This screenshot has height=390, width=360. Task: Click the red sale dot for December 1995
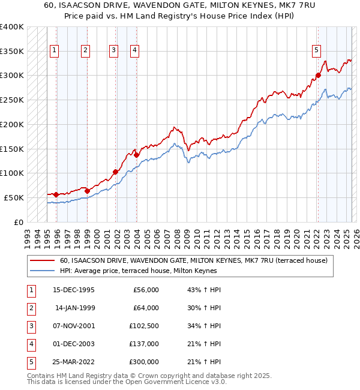56,194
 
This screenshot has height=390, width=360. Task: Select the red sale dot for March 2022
318,75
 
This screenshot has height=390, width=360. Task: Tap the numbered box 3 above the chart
113,50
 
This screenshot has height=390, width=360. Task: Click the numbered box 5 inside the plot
316,50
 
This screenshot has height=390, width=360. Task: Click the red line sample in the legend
43,260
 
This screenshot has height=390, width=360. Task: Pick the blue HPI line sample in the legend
43,271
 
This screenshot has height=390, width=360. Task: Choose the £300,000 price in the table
143,362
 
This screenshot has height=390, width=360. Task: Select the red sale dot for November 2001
115,172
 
